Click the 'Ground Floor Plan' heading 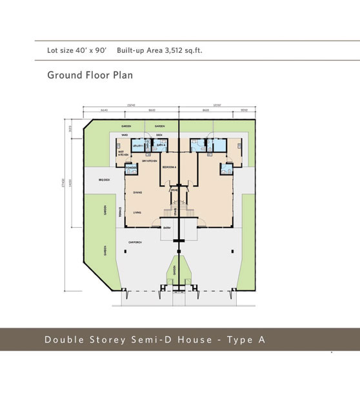coord(90,75)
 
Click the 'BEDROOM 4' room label coord(169,167)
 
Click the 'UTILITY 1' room coord(137,146)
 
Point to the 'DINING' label coord(138,192)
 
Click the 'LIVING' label coord(138,212)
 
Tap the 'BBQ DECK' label coord(103,179)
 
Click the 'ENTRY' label coord(167,228)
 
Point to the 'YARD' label coord(125,135)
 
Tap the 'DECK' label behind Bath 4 coord(159,135)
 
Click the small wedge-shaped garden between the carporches coord(175,272)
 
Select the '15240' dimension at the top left coord(130,104)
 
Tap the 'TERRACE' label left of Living coord(120,211)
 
